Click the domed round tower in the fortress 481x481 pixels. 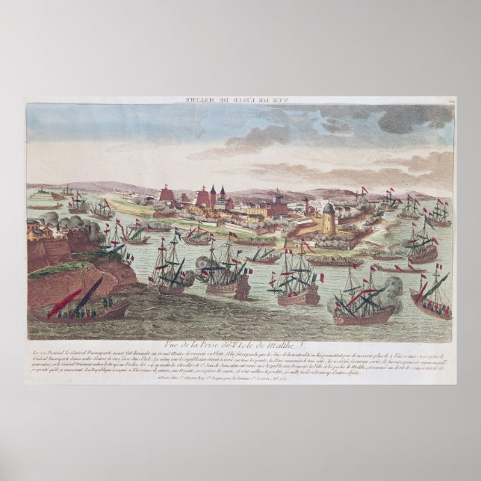(328, 217)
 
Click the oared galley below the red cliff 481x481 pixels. (82, 310)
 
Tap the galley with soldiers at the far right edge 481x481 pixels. (432, 302)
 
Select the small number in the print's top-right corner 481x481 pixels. (450, 102)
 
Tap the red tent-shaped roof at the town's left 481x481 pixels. (169, 195)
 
